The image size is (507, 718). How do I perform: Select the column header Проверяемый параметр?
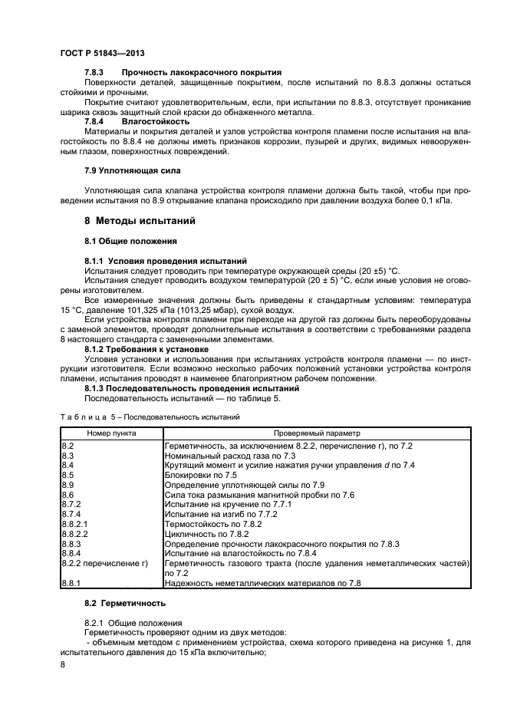coord(317,433)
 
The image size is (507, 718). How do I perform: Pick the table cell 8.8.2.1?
coord(74,523)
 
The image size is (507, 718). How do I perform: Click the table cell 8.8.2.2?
coord(74,532)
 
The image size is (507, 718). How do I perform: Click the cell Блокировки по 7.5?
coord(198,475)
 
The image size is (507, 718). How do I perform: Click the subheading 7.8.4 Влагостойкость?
coord(137,121)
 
